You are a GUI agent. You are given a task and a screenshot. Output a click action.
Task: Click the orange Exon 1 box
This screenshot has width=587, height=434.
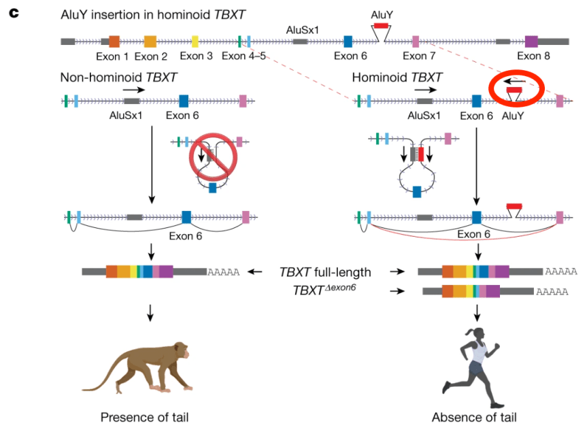tap(114, 41)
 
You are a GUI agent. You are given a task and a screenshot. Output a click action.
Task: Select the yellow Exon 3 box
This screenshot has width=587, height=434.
tap(195, 41)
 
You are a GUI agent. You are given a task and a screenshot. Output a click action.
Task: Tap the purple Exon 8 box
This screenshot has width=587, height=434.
tap(531, 41)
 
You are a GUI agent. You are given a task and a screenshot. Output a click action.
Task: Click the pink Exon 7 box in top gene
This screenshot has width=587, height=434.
tap(415, 41)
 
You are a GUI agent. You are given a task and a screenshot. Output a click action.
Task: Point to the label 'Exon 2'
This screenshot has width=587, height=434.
tap(151, 56)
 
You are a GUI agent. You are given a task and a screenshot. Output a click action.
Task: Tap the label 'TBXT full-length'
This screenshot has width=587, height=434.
tap(326, 272)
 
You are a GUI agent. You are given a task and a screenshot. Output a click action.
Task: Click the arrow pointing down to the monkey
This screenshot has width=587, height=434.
tap(150, 312)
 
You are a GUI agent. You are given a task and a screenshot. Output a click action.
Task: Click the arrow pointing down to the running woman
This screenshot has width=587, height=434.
tap(477, 312)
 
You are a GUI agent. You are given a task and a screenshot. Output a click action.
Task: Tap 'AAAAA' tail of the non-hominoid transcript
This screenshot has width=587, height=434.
tap(225, 272)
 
